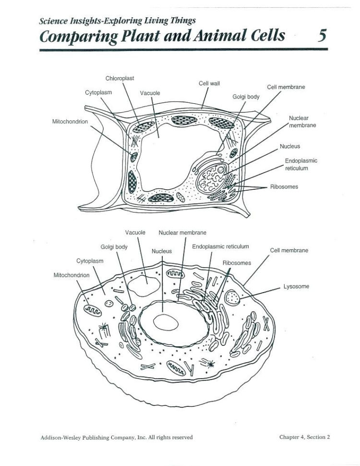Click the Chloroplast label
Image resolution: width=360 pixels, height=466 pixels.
[120, 78]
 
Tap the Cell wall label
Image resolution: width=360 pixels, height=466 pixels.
[209, 83]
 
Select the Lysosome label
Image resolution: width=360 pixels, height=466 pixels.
[296, 286]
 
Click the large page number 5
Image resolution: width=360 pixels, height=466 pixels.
[322, 36]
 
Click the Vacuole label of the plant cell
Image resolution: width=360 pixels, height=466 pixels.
[150, 93]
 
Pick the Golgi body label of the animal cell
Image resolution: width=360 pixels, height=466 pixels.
[114, 247]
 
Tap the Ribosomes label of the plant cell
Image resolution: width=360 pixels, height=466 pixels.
[284, 186]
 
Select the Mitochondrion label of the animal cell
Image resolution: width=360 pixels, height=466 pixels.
[71, 275]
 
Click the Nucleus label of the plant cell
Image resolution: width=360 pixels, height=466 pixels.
[289, 146]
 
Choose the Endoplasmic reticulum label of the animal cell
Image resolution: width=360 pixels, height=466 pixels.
[220, 246]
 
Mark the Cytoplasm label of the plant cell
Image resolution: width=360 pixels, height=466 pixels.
[98, 93]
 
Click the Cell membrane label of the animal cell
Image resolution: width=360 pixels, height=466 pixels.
[288, 250]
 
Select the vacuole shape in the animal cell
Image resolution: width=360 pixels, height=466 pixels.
[144, 287]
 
